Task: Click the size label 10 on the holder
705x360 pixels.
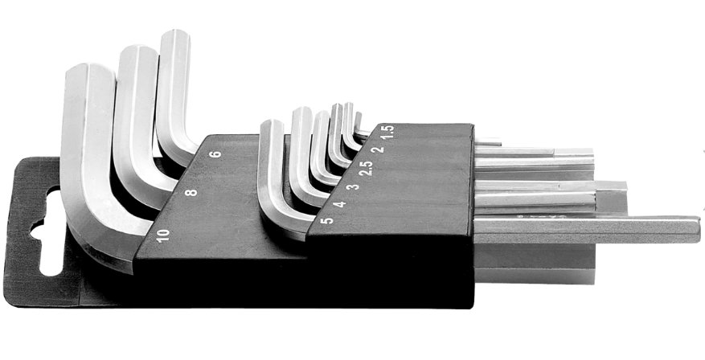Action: [x=163, y=235]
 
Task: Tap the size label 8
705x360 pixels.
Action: [x=191, y=192]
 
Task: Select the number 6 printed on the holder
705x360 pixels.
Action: [x=215, y=153]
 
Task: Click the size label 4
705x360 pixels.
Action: [x=339, y=204]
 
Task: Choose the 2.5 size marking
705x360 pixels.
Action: [x=367, y=168]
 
